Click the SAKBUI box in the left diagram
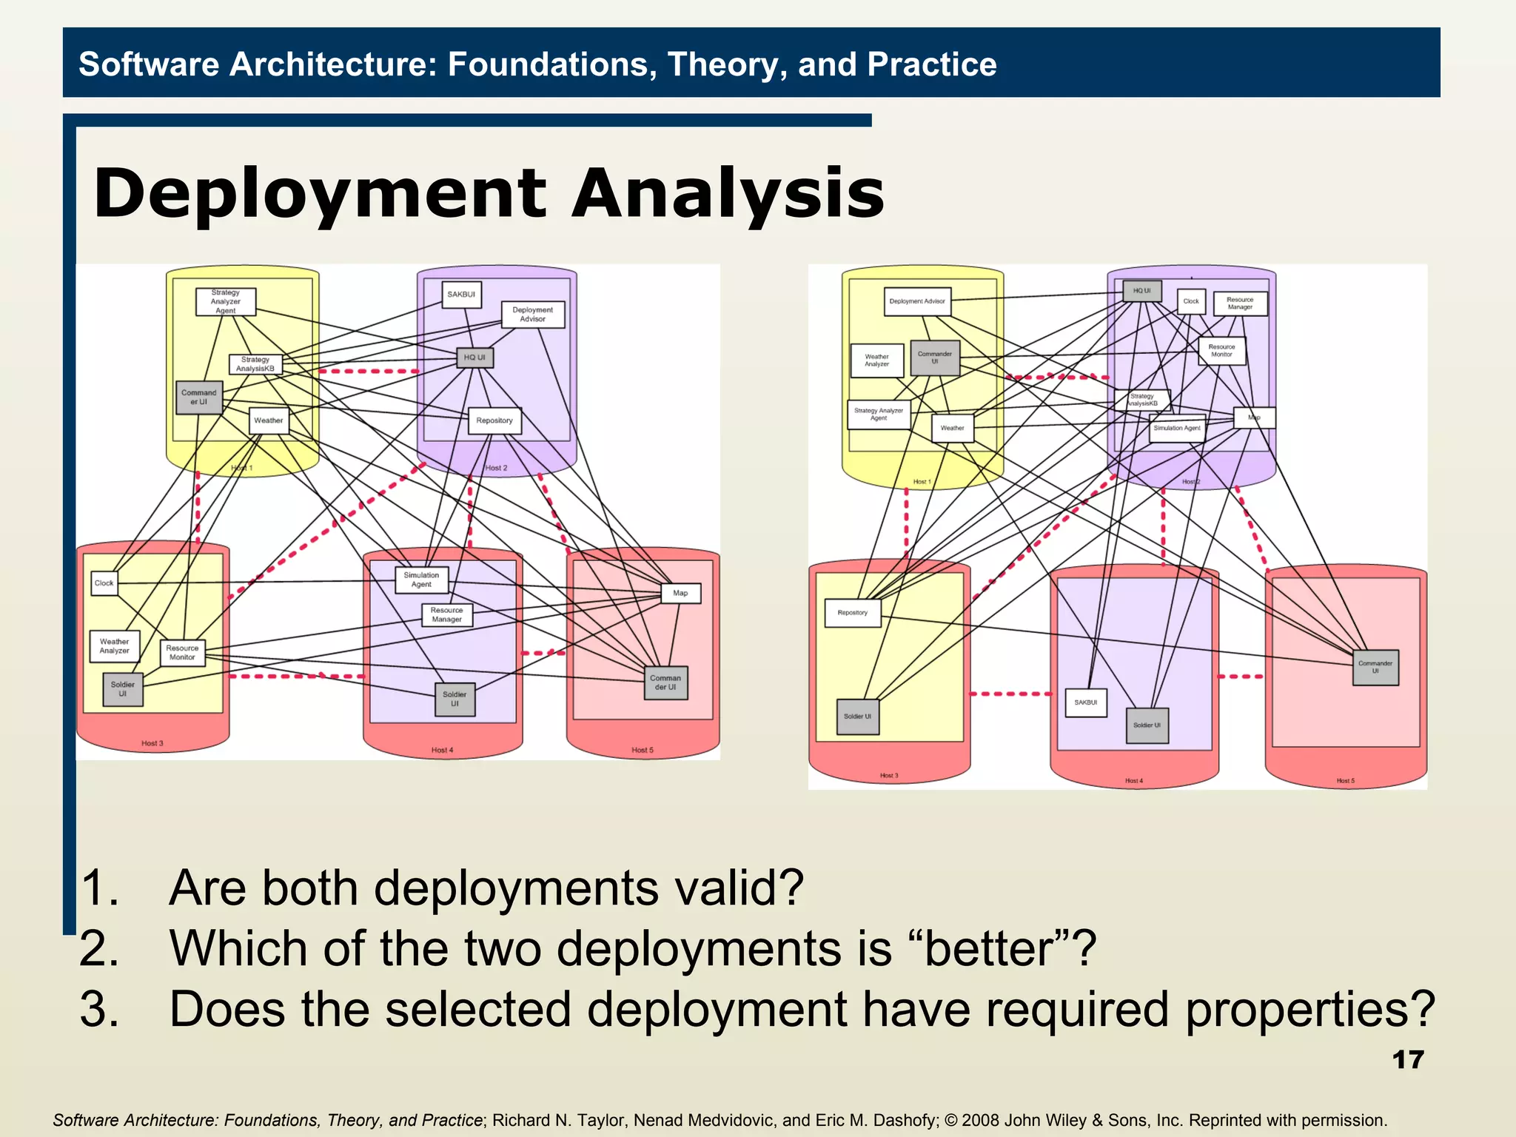pos(461,295)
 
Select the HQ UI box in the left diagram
pos(474,358)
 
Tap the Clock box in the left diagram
pos(104,583)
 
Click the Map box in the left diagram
pos(680,593)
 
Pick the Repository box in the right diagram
pos(853,613)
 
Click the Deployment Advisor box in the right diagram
pos(917,301)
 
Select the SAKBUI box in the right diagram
pos(1086,702)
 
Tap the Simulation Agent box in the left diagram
pos(421,580)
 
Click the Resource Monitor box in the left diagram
pos(182,653)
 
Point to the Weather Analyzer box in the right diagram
pos(877,360)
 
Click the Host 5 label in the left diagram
pos(643,751)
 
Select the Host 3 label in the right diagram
pos(889,776)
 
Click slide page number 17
pos(1408,1060)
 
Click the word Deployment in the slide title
pos(320,194)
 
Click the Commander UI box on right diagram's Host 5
pos(1375,667)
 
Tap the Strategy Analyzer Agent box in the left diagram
pos(226,302)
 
